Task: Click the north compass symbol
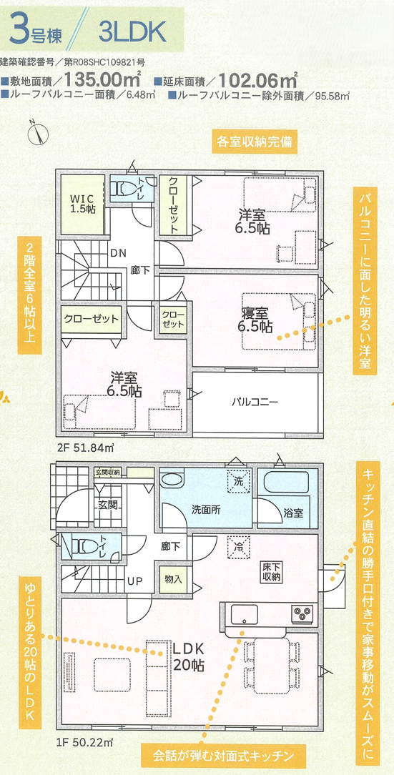click(x=39, y=132)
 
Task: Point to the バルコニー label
click(x=255, y=401)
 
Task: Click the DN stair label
click(x=118, y=253)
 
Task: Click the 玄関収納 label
click(x=108, y=472)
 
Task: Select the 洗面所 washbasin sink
click(x=172, y=480)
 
